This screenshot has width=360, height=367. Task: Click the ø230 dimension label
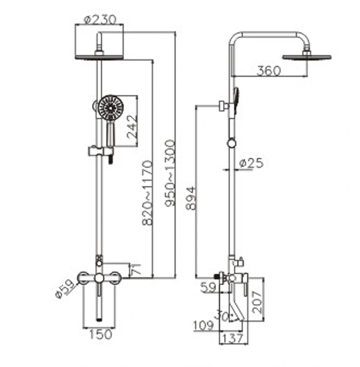100,20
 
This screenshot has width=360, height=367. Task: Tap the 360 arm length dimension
268,71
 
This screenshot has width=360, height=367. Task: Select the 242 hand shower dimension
132,127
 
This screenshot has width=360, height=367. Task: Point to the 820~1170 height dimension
148,193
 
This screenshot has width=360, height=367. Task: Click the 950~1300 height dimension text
170,173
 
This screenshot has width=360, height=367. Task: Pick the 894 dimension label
191,198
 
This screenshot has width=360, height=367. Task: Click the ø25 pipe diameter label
251,163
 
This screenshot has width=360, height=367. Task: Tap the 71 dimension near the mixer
137,269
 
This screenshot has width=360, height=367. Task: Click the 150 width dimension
101,334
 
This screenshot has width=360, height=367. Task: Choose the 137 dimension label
233,339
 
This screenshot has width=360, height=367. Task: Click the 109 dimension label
204,325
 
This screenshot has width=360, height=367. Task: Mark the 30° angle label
223,316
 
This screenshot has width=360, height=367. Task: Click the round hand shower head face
111,108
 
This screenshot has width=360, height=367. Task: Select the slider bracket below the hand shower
101,151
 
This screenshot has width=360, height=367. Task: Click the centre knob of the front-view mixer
99,278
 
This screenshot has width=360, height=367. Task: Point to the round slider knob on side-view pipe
231,143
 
